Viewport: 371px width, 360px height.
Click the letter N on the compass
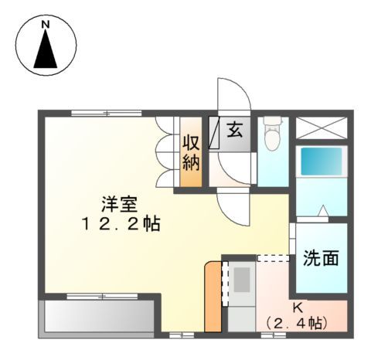click(46, 25)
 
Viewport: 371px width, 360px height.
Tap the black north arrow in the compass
click(46, 52)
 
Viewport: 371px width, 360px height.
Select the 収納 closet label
click(192, 151)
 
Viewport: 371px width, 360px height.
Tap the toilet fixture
click(271, 138)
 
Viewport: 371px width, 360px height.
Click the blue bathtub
click(321, 161)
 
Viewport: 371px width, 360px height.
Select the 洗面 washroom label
click(320, 258)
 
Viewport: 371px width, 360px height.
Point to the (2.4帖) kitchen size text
click(296, 322)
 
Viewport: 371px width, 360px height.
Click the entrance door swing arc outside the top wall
click(234, 97)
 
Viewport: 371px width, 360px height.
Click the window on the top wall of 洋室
click(101, 114)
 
